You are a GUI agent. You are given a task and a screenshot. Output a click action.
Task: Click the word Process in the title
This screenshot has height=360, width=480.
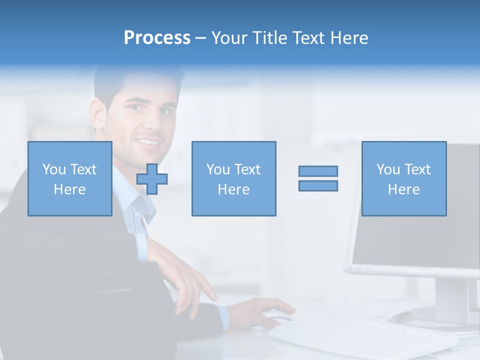tap(157, 38)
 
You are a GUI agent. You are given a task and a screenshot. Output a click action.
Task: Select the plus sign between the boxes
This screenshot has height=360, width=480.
tap(152, 179)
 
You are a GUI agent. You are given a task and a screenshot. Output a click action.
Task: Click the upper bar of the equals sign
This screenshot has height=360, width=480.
tap(318, 171)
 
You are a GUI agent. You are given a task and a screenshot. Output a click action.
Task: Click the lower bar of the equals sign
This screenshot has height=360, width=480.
tap(318, 185)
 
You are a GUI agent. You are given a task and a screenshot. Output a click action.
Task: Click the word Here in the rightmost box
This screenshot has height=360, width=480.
tap(403, 189)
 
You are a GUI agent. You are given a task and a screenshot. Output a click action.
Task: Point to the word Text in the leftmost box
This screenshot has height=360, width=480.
tap(83, 169)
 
